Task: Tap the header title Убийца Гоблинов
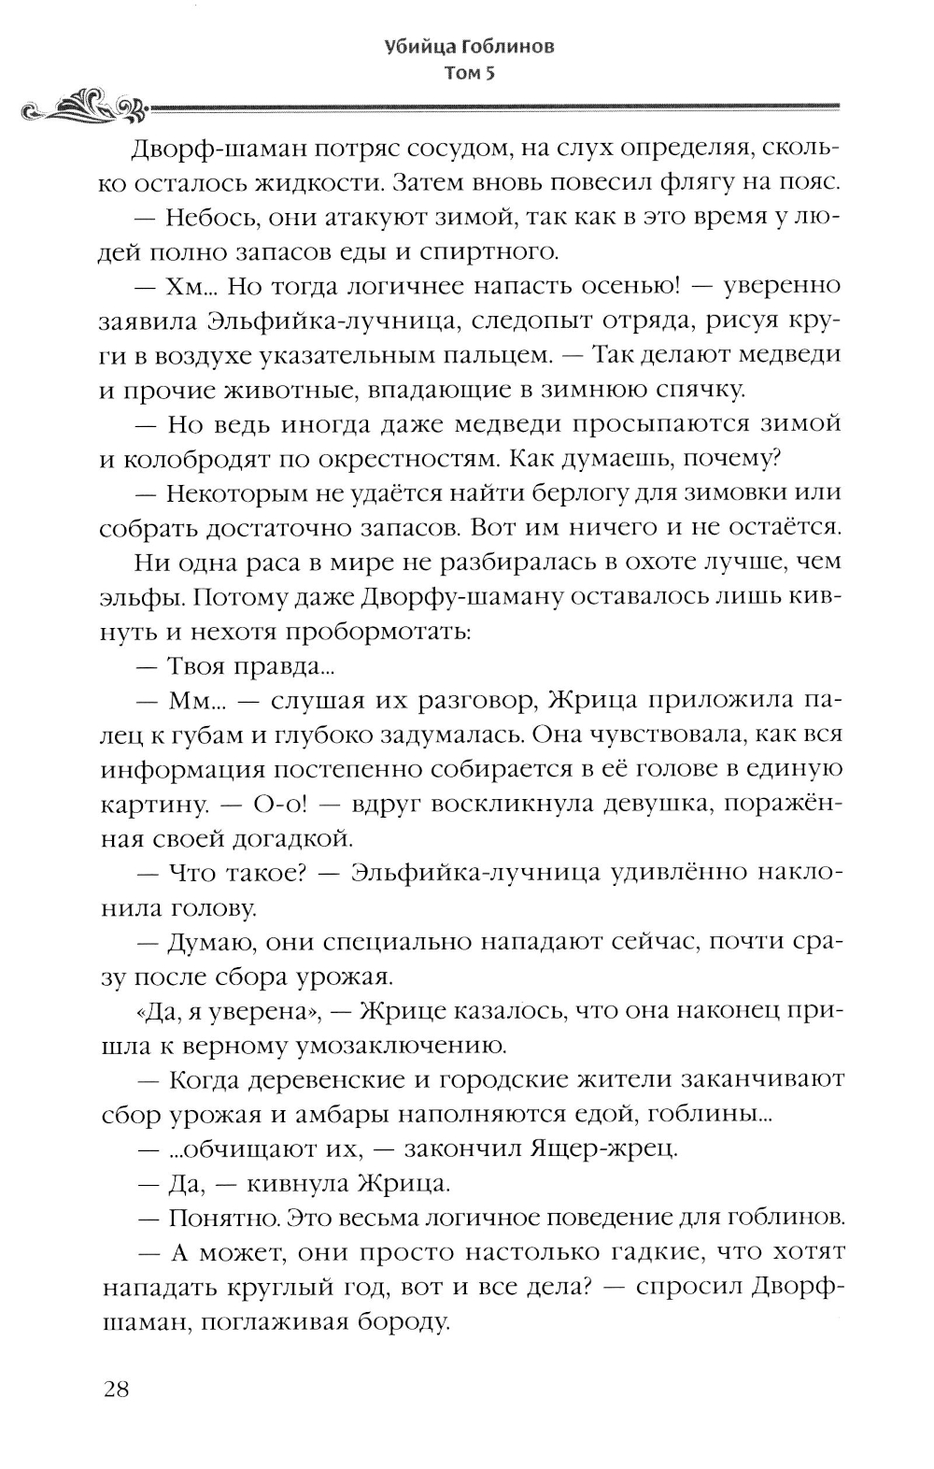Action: pos(469,47)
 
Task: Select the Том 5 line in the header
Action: pos(469,76)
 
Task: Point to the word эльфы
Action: pos(143,596)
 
